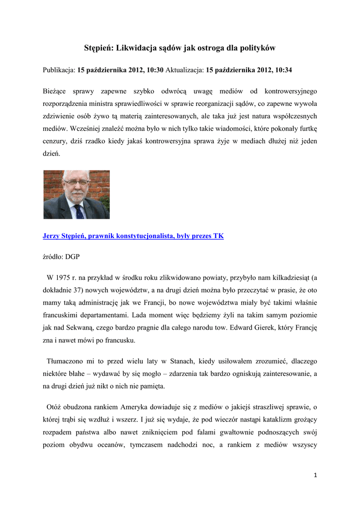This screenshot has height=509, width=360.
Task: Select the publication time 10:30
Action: click(x=155, y=71)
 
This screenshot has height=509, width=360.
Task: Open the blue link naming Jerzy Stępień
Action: click(x=133, y=236)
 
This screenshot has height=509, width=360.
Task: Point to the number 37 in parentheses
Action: click(x=91, y=290)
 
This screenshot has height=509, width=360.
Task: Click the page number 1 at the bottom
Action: click(x=315, y=475)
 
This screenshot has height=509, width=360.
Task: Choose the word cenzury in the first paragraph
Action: click(x=56, y=141)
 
